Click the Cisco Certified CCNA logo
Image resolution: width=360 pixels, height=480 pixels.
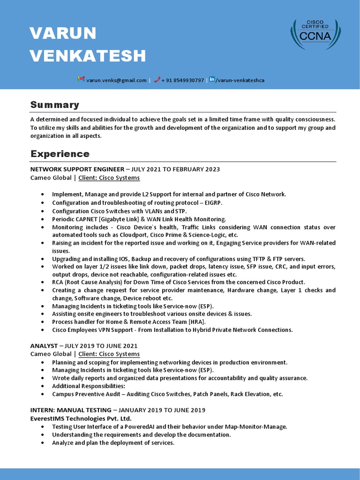pos(315,35)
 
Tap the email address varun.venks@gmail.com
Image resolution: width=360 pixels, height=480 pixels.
pos(116,80)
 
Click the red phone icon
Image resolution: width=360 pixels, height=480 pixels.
pos(157,80)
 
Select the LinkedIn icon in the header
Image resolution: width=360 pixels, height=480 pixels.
pos(212,80)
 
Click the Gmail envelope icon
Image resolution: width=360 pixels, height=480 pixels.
pos(81,80)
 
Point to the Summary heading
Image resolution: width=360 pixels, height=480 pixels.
pos(55,105)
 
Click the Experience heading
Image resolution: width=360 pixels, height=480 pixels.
pos(60,154)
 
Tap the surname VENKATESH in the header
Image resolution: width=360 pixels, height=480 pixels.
pos(88,56)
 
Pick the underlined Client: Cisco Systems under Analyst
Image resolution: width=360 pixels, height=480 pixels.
pos(109,354)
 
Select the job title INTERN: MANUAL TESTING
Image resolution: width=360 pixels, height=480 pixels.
pos(71,410)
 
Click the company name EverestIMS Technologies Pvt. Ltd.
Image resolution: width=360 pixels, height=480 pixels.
pos(81,418)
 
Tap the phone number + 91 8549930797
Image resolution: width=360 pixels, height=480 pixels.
pos(183,80)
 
